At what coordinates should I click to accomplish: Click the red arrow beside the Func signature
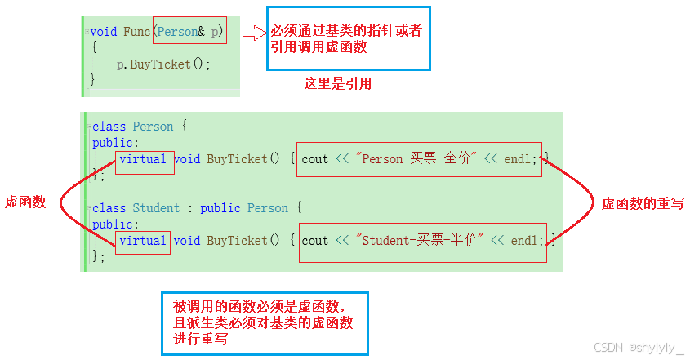coord(255,33)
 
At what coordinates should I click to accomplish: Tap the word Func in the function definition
coord(136,32)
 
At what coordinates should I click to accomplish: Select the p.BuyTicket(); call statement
coord(163,64)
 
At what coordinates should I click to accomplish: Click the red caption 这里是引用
coord(337,83)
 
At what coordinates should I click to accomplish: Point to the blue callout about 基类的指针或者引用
coord(349,38)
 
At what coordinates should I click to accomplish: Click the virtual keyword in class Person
coord(143,159)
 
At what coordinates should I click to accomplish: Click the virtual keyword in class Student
coord(143,241)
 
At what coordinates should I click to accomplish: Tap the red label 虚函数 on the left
coord(25,202)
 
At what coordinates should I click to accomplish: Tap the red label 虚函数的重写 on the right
coord(643,203)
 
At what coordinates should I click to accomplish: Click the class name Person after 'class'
coord(153,127)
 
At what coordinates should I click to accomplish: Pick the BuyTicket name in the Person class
coord(237,159)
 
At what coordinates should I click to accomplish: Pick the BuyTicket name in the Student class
coord(237,241)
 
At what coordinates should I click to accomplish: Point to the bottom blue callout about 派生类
coord(265,323)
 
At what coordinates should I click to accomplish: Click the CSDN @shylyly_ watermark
coord(638,348)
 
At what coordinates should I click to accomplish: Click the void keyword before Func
coord(104,32)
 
